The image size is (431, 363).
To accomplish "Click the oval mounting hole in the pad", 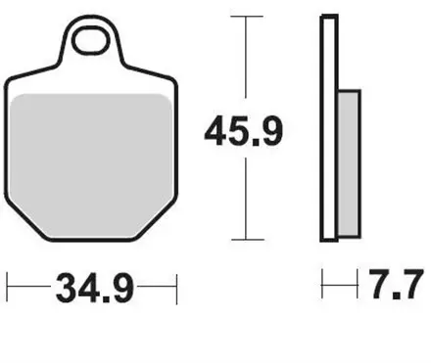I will point(94,40).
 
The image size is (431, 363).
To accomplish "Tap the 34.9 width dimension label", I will point(94,290).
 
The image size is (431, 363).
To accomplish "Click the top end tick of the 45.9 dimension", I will point(245,17).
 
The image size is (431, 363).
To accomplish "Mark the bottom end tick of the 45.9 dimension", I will point(245,240).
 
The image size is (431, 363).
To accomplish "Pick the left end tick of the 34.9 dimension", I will point(8,289).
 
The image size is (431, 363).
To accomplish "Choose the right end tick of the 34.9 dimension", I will point(176,289).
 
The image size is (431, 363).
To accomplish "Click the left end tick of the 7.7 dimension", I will point(323,289).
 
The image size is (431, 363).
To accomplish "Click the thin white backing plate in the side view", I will point(327,127).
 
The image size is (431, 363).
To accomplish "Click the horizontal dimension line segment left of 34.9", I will point(29,289).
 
